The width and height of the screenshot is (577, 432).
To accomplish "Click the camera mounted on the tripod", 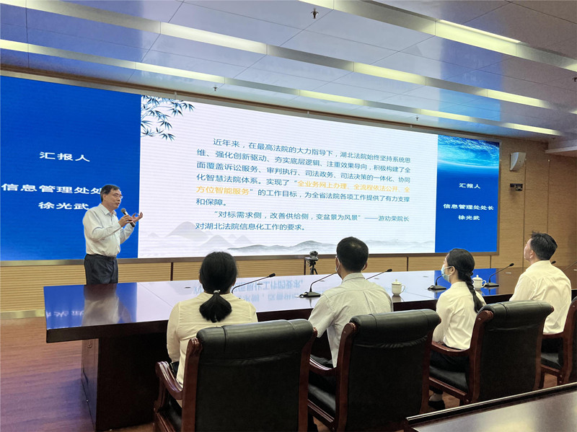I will (x=312, y=257).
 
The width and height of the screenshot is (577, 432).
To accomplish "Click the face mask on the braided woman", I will (x=444, y=273).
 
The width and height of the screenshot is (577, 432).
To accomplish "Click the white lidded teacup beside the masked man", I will (x=397, y=287).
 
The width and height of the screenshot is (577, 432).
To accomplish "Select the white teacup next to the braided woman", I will (x=477, y=282).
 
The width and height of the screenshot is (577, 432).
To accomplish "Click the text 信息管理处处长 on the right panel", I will (x=468, y=207).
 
